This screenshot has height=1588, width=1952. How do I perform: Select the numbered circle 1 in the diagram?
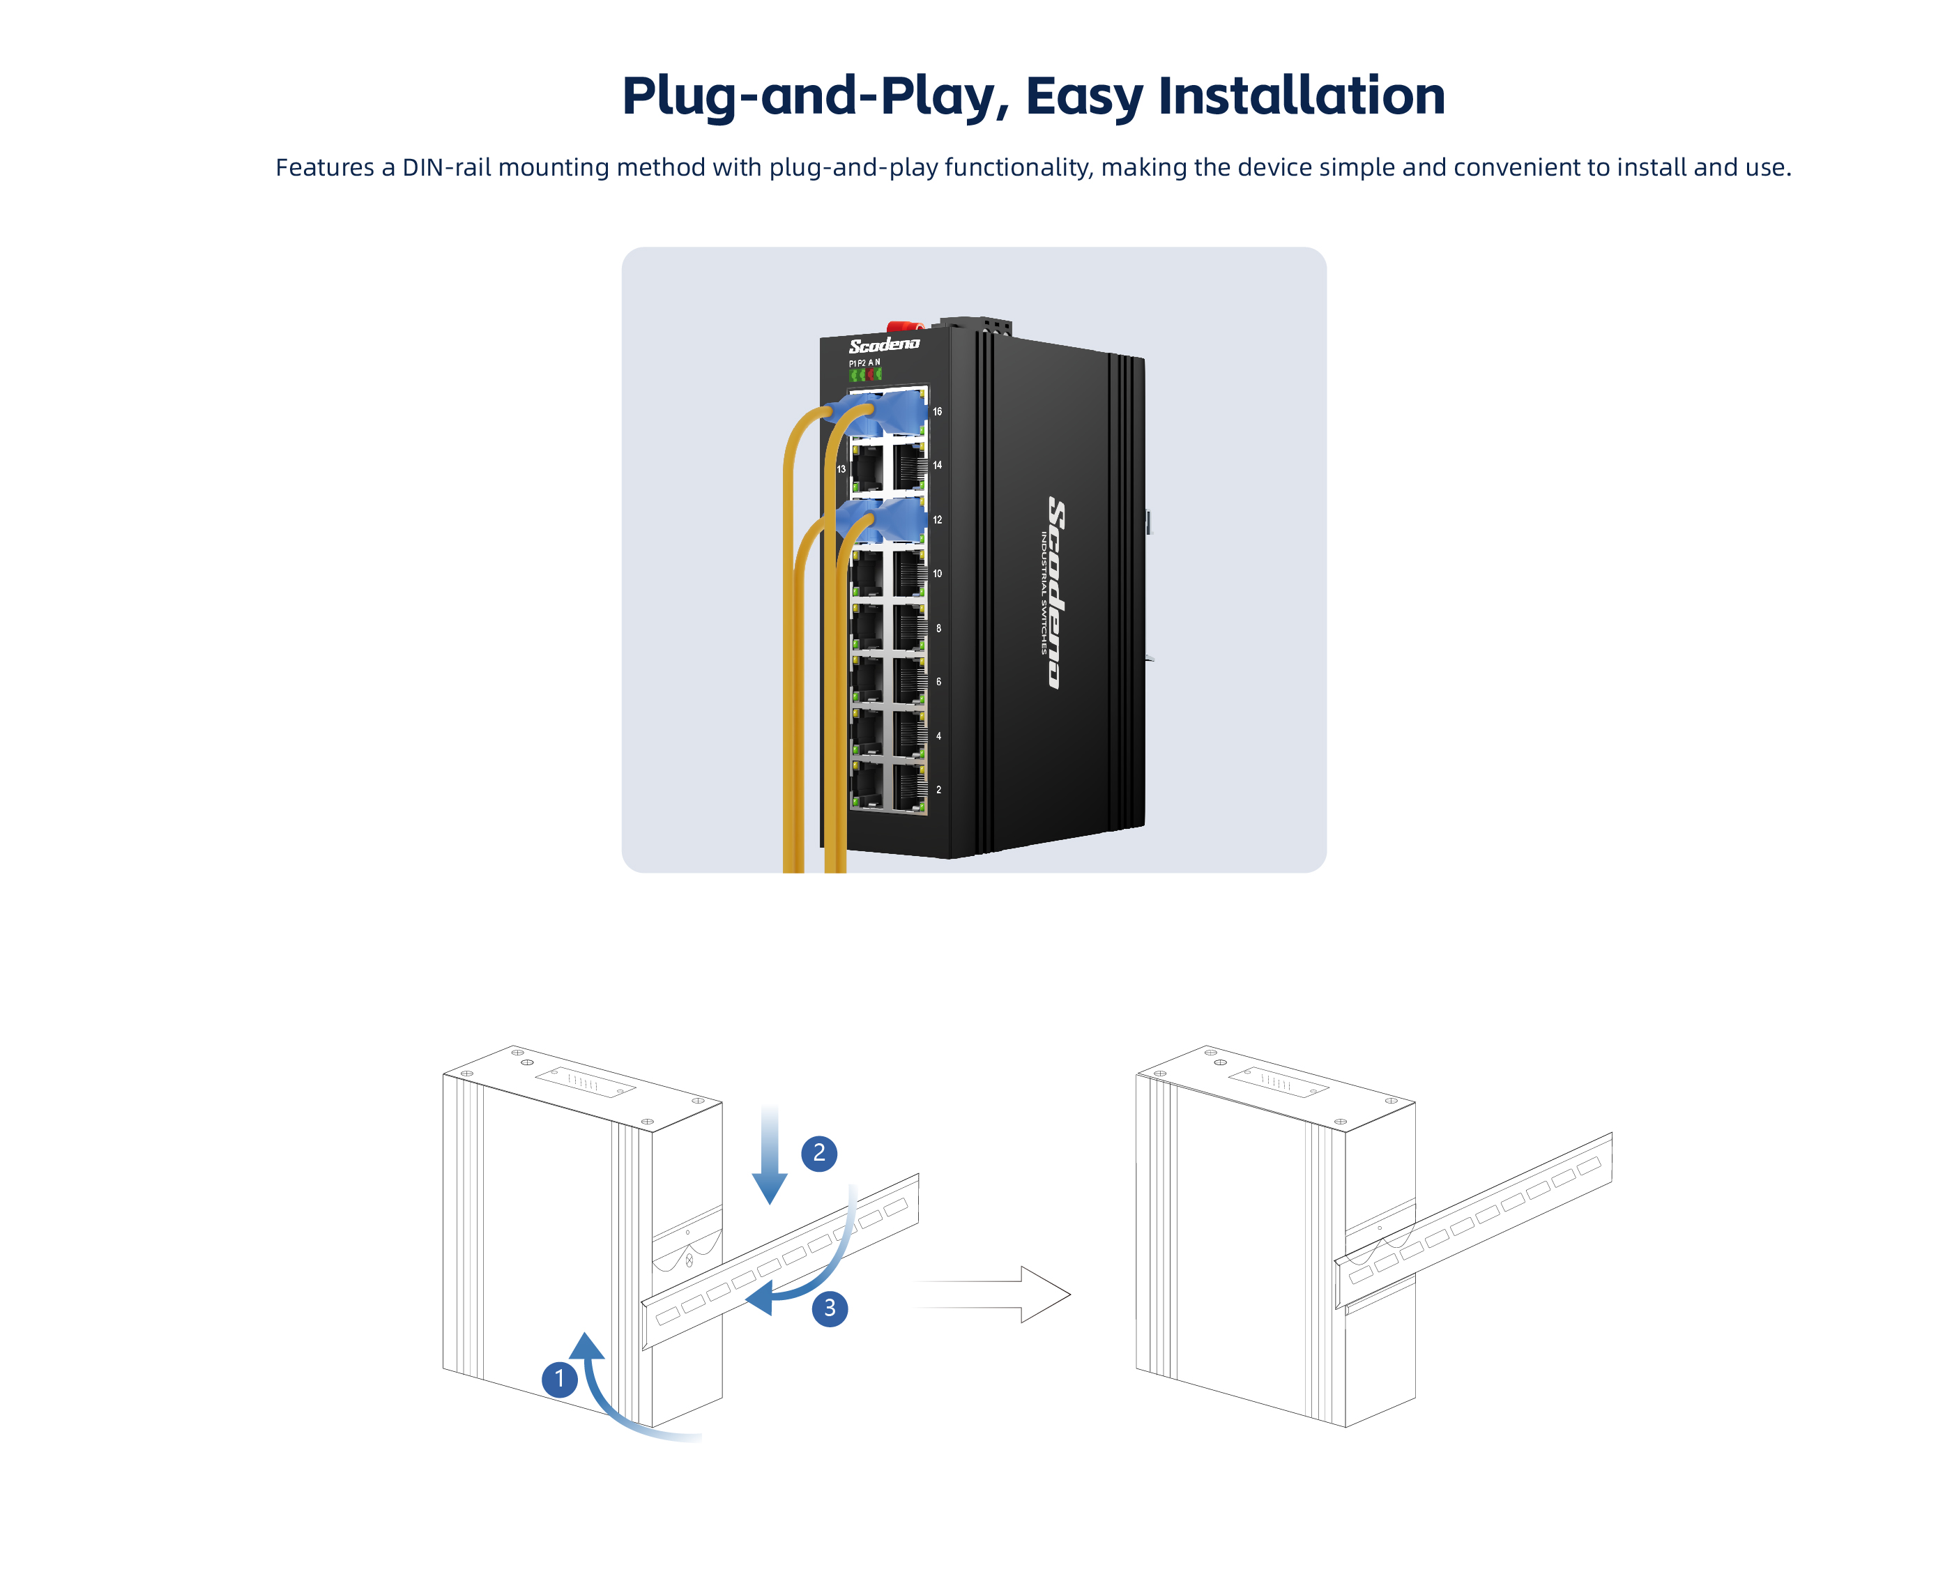559,1379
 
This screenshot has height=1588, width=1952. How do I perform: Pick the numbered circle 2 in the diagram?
818,1152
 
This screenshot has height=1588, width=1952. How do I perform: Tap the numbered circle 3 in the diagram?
830,1308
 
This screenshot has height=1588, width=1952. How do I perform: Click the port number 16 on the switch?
937,411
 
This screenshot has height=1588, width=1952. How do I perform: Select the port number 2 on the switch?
938,789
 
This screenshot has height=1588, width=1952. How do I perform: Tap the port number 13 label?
841,469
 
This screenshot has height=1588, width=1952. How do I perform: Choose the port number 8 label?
938,628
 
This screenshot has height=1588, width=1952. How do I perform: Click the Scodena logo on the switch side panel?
1056,593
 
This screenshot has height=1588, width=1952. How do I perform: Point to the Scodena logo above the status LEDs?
883,345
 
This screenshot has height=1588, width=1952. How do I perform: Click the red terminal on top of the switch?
903,326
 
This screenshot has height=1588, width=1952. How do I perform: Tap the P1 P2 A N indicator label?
864,363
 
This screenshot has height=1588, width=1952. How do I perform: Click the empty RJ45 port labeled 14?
908,466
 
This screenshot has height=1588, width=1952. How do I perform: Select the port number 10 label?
937,574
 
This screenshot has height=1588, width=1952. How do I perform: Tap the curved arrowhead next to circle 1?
586,1347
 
